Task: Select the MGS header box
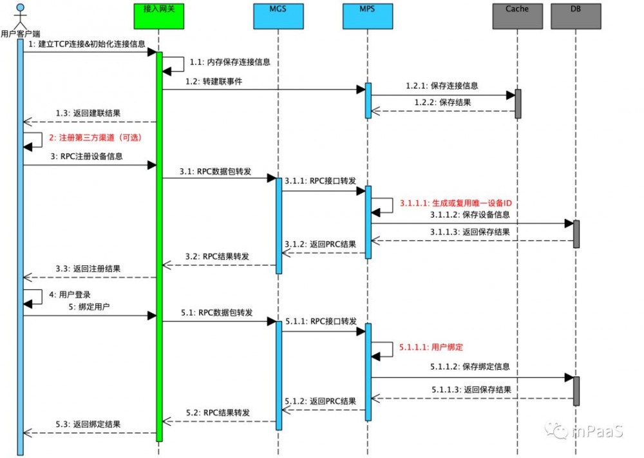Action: (278, 15)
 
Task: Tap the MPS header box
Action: (368, 15)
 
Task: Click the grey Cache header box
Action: (517, 15)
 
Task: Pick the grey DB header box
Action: (575, 15)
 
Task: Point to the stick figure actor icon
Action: (21, 14)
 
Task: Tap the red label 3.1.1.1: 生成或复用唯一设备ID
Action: (455, 202)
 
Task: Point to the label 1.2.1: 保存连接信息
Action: (442, 86)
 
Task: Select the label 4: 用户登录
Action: (70, 294)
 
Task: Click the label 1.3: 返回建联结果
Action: (87, 113)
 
